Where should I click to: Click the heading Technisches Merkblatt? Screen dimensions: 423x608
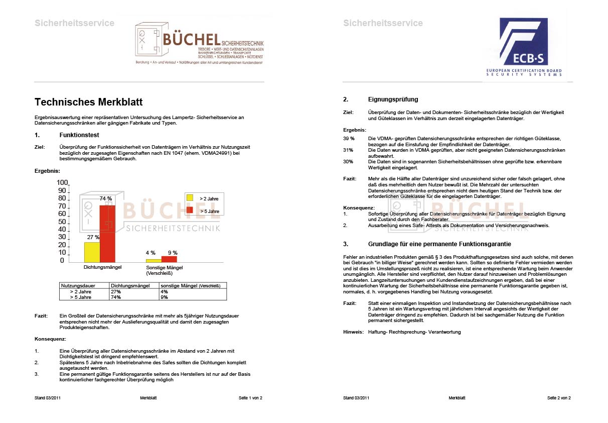(88, 102)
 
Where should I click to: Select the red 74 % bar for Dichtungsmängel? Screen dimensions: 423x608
(107, 234)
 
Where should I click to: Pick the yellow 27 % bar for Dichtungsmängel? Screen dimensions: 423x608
(92, 252)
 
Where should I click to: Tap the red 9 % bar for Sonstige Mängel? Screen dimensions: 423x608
(169, 259)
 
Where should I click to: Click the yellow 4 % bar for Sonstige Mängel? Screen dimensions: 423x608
(154, 261)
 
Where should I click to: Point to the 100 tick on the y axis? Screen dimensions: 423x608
(62, 182)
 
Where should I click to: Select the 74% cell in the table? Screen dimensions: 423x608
(116, 297)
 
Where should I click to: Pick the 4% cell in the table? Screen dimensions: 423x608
(164, 291)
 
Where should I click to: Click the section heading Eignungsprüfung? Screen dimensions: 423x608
(393, 99)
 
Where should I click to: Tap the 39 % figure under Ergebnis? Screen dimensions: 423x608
(349, 138)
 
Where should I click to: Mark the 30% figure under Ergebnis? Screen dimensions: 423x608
(348, 162)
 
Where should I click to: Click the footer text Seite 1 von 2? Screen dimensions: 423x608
(250, 398)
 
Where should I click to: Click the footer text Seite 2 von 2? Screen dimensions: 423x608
(559, 398)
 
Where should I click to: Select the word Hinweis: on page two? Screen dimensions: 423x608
(353, 332)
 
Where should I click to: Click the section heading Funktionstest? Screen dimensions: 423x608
(79, 135)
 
